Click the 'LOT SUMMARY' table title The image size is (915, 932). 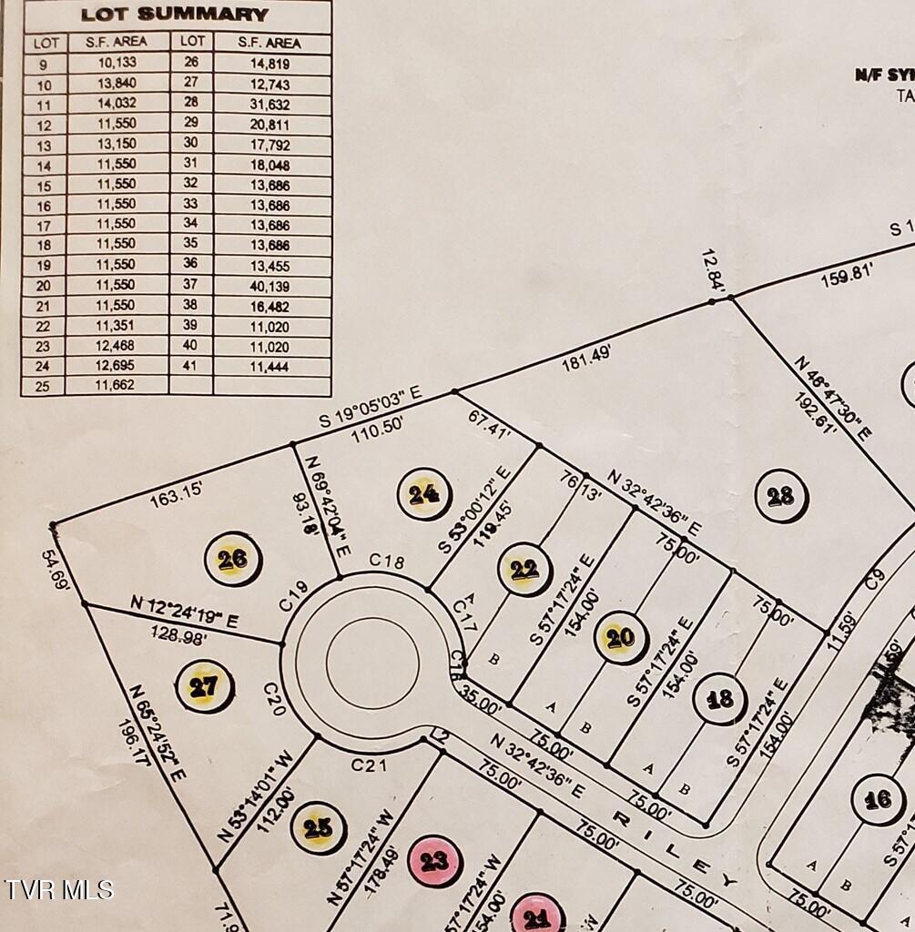(175, 15)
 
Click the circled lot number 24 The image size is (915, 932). (423, 494)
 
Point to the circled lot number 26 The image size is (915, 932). (233, 559)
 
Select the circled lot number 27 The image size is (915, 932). (204, 686)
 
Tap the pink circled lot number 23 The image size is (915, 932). (434, 860)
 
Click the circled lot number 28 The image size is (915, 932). (780, 496)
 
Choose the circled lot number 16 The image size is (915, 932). (878, 800)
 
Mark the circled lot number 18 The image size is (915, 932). (719, 699)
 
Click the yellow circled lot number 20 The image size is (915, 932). (620, 637)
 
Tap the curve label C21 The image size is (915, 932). (370, 766)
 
